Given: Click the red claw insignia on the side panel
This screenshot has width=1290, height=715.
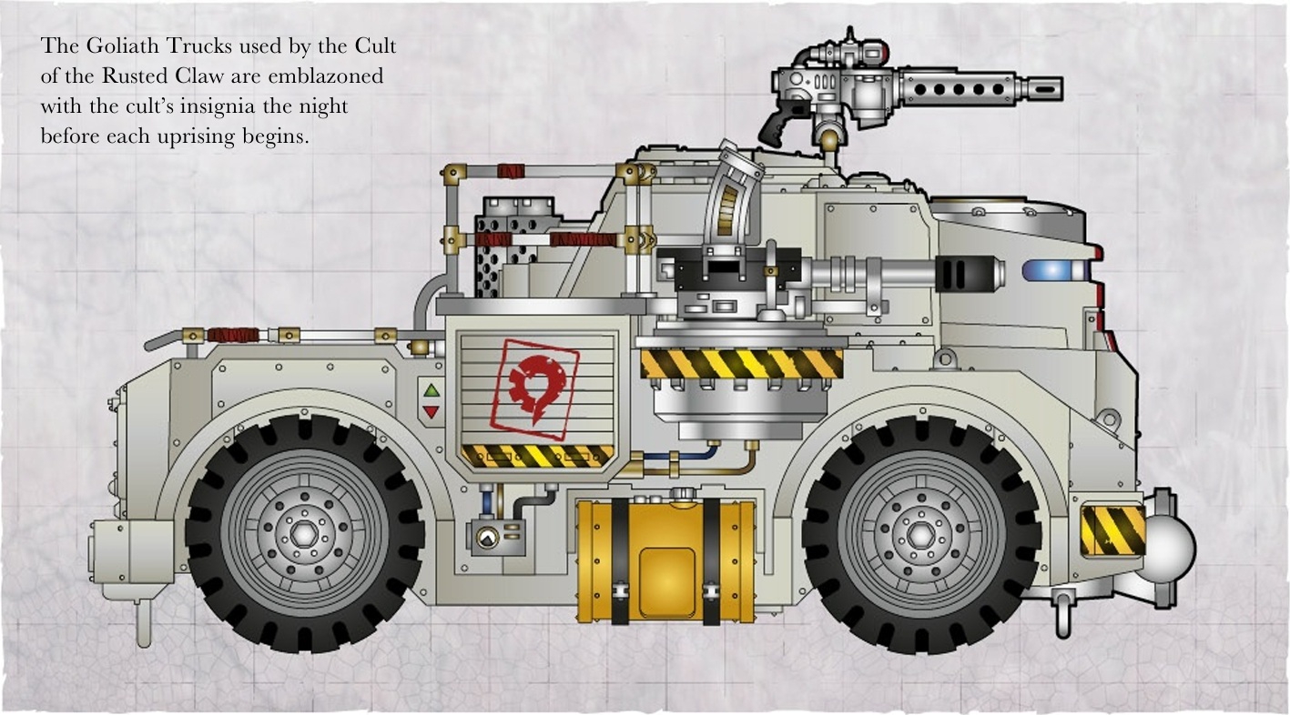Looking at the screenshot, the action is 535,388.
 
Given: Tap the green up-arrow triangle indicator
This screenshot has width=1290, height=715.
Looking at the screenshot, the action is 432,391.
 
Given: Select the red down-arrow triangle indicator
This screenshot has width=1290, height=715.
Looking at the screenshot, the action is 432,411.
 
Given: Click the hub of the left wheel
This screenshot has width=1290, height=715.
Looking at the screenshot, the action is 303,534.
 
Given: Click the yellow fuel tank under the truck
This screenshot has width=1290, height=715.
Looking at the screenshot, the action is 665,561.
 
